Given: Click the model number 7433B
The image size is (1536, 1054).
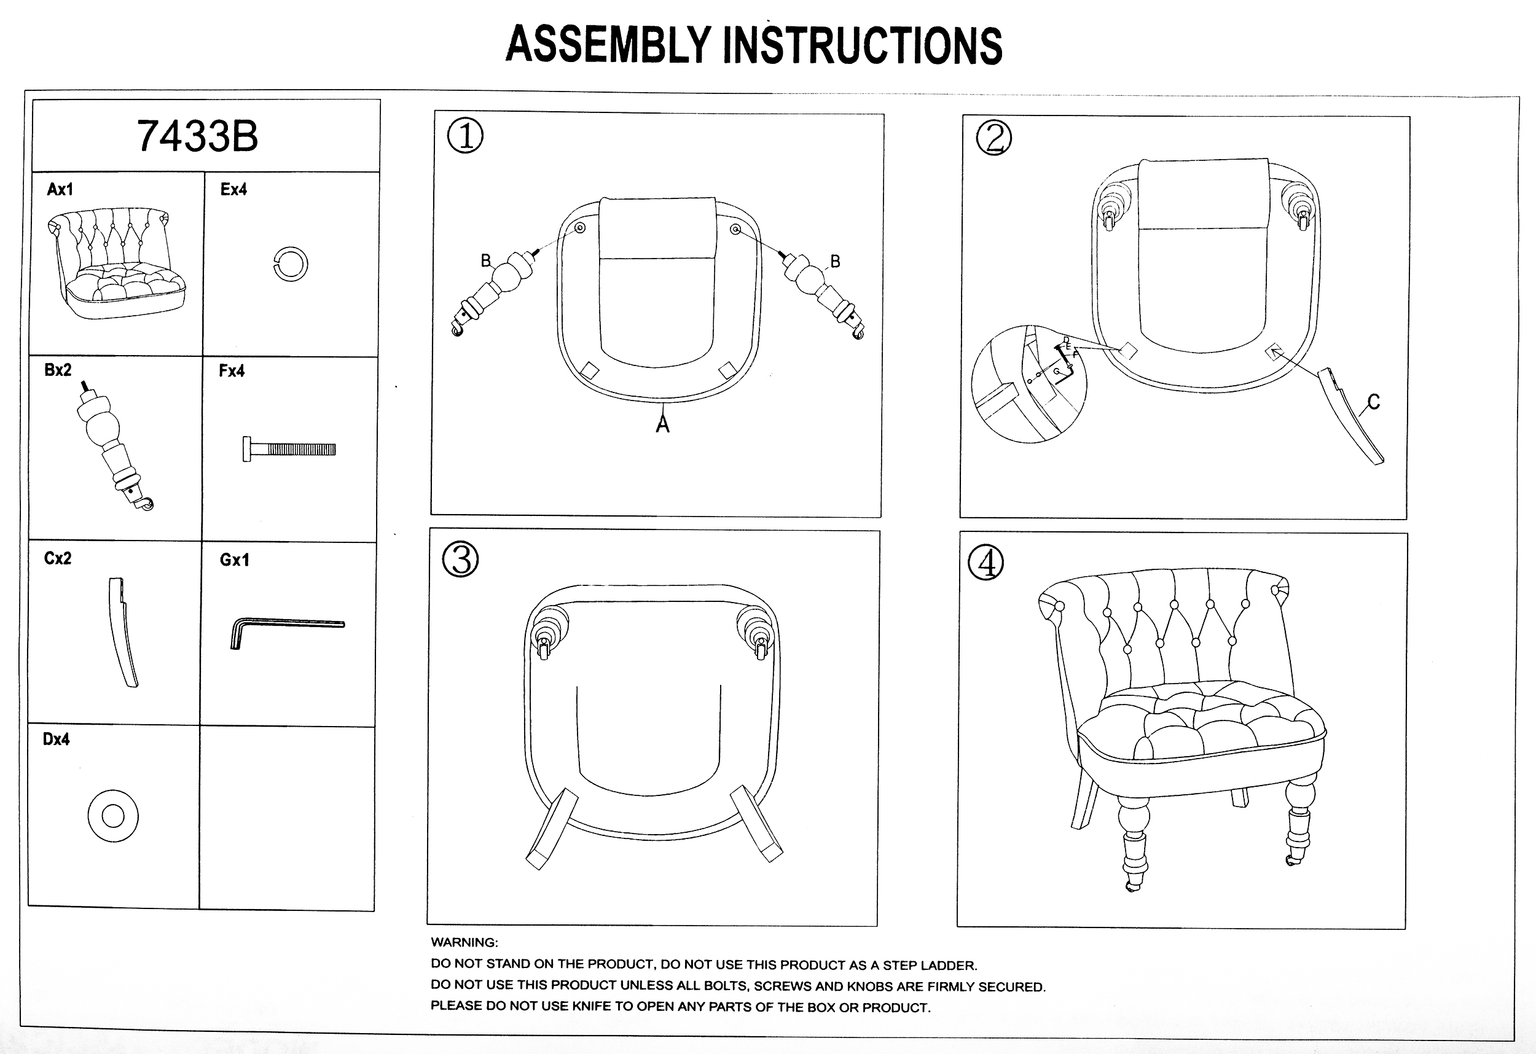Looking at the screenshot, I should (197, 136).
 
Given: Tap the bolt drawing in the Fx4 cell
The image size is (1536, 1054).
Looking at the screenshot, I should (289, 450).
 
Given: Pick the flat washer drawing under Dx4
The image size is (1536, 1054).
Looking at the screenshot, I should (113, 816).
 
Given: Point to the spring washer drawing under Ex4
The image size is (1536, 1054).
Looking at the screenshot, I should (290, 264).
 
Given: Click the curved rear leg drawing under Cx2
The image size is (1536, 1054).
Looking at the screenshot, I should (123, 633).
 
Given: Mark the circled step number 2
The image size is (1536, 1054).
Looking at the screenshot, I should (993, 138).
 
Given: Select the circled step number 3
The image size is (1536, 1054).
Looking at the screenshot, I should (460, 560).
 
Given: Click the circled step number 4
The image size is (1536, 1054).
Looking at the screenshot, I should (985, 563).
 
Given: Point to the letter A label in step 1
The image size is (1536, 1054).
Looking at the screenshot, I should (662, 424).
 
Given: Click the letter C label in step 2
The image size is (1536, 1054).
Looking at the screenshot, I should (1373, 402).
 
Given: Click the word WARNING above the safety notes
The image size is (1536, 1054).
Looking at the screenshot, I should (464, 942).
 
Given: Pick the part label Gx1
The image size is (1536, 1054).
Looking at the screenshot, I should (235, 560).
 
